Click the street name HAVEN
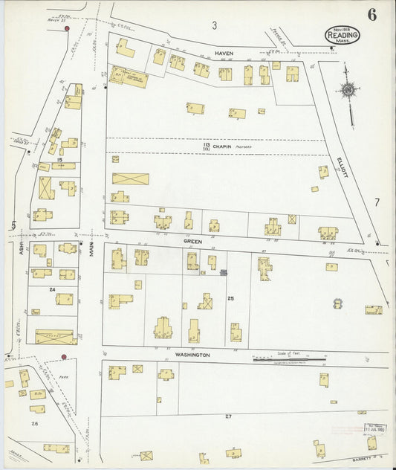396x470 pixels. point(224,54)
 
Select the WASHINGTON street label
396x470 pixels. point(192,355)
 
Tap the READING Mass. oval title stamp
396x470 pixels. point(343,35)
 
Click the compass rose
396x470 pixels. point(348,91)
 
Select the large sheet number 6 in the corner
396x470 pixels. point(371,14)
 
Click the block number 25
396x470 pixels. point(230,298)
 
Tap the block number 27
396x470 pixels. point(228,416)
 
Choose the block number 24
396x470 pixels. point(52,289)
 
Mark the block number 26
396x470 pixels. point(34,423)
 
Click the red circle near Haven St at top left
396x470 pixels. point(68,28)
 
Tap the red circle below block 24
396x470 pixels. point(64,357)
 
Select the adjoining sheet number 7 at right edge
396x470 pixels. point(377,202)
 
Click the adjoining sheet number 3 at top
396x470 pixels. point(214,26)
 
